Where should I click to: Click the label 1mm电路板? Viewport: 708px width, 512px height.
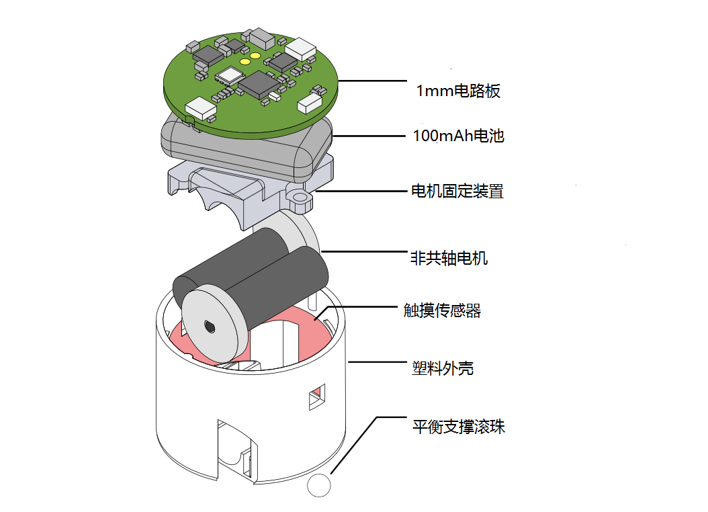(x=459, y=91)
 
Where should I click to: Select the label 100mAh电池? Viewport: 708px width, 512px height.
(x=458, y=136)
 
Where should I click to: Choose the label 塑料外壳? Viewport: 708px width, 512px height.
(x=442, y=368)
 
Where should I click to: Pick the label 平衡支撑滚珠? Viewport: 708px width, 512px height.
(x=458, y=427)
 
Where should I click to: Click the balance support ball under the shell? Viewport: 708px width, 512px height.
(x=319, y=486)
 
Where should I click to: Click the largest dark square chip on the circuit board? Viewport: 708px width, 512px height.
(x=256, y=83)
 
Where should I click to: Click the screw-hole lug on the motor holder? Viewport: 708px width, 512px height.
(x=300, y=198)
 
